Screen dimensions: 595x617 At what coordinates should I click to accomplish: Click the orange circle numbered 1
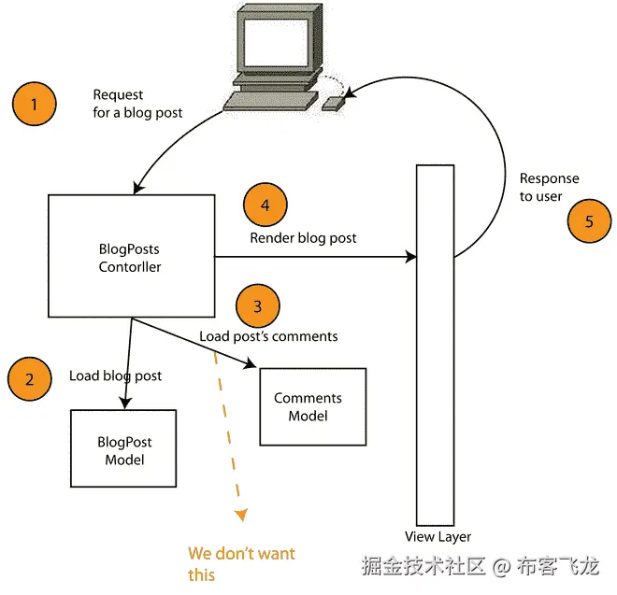point(35,104)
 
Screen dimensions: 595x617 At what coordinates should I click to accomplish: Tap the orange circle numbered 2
point(30,379)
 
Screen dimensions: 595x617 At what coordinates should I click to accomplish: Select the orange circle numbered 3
point(258,305)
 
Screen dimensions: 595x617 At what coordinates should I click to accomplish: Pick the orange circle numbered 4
point(265,204)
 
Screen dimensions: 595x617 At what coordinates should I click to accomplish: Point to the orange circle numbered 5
point(589,221)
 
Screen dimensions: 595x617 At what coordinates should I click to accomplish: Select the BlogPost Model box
point(124,448)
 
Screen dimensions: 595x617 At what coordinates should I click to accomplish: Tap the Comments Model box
point(312,406)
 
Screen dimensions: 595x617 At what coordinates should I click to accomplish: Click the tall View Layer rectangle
point(435,346)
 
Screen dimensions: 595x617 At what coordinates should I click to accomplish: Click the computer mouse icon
point(334,103)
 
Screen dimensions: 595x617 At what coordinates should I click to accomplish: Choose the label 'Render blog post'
point(303,238)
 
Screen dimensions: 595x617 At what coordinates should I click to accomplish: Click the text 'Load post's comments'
point(268,335)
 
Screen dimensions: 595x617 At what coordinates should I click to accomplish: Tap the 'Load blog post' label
point(115,375)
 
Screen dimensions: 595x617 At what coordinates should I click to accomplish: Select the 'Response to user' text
point(550,187)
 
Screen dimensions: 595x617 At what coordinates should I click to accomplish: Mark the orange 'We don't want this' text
point(241,563)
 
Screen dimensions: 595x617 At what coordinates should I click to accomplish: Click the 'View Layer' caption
point(438,537)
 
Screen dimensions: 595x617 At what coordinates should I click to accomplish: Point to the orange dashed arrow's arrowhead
point(241,514)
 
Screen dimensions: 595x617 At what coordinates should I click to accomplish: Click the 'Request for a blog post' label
point(137,104)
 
